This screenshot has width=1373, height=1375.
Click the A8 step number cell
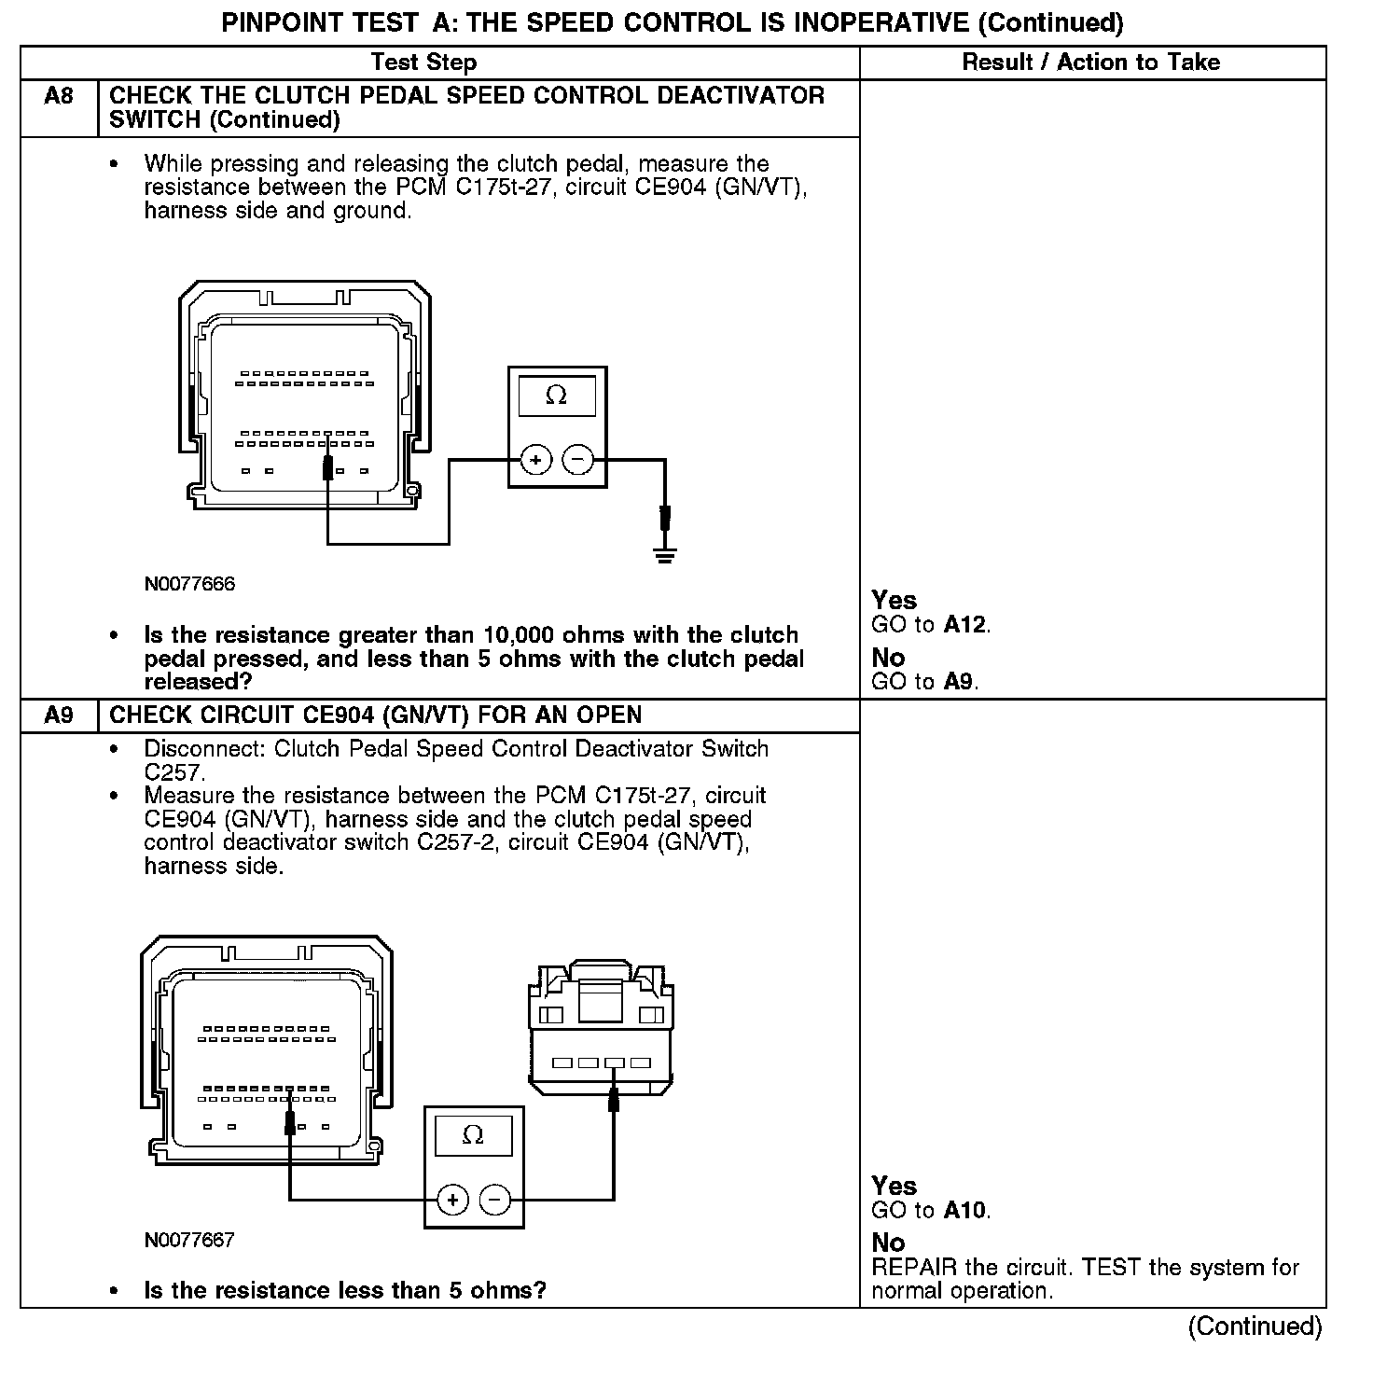59,96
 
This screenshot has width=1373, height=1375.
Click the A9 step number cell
59,715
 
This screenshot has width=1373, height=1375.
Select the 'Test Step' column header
423,62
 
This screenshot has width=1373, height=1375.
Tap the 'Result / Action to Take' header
1090,62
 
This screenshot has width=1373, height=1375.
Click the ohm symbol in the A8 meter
556,396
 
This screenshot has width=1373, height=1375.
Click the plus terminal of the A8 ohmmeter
535,460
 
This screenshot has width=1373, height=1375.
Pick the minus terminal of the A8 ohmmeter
578,460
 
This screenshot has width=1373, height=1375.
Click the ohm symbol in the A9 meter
473,1134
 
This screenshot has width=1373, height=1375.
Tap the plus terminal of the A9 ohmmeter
452,1200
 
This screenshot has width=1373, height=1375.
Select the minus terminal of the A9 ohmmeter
495,1200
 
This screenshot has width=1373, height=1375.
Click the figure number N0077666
189,585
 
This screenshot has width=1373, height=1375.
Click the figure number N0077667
189,1240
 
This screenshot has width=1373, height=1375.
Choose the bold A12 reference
964,625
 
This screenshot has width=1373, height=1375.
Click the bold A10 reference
964,1211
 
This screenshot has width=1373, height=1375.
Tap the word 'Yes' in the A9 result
894,1186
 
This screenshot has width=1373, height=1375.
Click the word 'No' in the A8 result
888,658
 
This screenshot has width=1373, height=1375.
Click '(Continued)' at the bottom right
1255,1326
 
